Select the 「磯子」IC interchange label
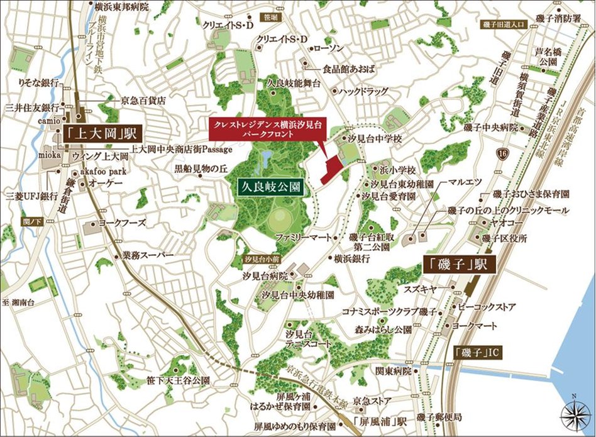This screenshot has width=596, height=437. [475, 351]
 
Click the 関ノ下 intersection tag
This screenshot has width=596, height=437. [30, 222]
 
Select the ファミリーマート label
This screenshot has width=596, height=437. [304, 238]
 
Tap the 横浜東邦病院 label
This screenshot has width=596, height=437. [121, 7]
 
